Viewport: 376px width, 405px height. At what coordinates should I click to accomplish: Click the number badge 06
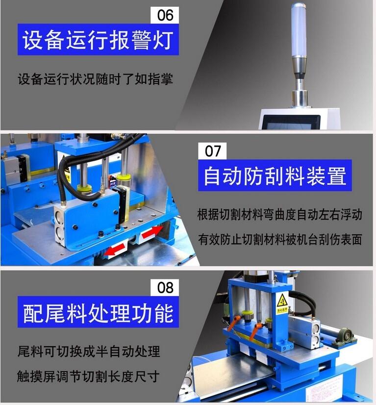click(x=165, y=15)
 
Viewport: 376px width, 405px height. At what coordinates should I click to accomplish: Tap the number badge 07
click(x=212, y=151)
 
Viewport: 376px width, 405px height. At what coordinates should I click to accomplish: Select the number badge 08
click(x=165, y=287)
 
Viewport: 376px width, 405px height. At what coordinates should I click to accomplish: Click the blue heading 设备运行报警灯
click(x=98, y=40)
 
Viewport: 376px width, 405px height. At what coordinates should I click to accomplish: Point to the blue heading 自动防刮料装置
click(x=275, y=176)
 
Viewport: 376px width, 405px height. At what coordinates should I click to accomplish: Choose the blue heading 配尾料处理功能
click(x=98, y=312)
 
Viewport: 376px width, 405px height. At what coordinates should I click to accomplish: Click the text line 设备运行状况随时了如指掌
click(x=95, y=79)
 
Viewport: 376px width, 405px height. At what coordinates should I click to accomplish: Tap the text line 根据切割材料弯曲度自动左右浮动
click(x=280, y=214)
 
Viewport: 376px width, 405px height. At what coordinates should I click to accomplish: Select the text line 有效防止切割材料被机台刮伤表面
click(x=280, y=239)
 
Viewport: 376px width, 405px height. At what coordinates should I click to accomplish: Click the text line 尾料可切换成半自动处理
click(x=89, y=351)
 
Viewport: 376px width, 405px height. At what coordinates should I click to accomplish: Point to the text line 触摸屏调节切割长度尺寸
click(x=88, y=377)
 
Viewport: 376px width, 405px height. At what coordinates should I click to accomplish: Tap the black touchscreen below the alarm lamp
click(x=292, y=122)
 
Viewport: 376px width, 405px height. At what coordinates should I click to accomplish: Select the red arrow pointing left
click(x=115, y=250)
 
